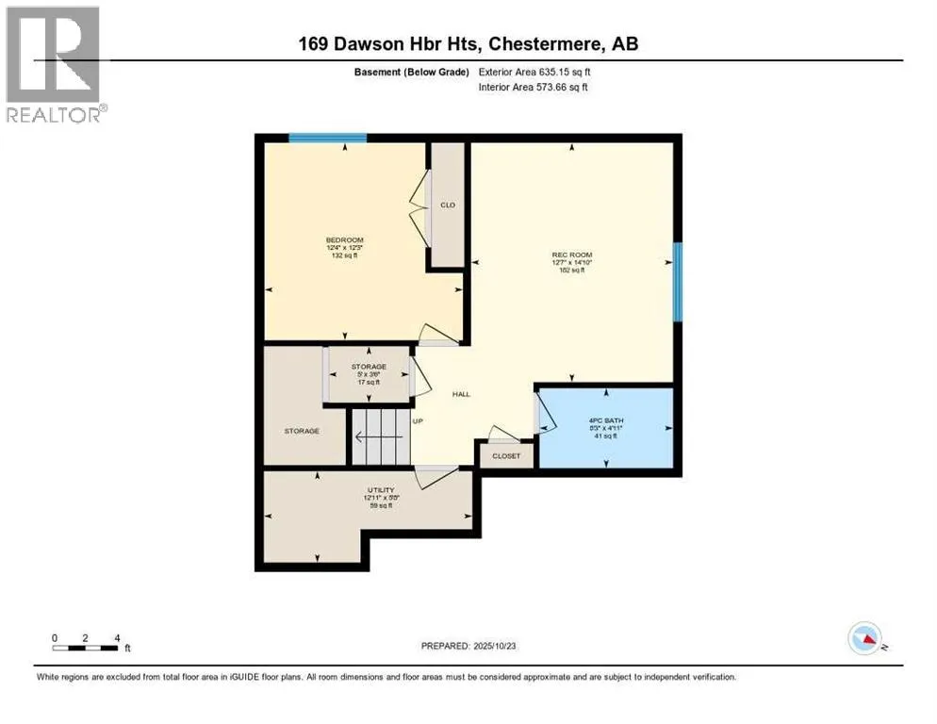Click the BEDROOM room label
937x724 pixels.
tap(344, 240)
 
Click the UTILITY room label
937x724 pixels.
tap(380, 491)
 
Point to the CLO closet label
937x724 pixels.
tap(448, 206)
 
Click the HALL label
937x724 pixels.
tap(461, 394)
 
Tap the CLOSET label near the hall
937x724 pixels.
tap(506, 456)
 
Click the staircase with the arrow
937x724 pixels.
tap(381, 436)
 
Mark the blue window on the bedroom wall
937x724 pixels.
tap(327, 138)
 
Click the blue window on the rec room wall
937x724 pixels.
tap(677, 281)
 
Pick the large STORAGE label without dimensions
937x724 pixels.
tap(302, 431)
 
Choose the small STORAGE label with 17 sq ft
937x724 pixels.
tap(369, 367)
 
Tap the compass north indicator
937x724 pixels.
tap(864, 639)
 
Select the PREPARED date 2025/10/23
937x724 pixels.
tap(468, 646)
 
